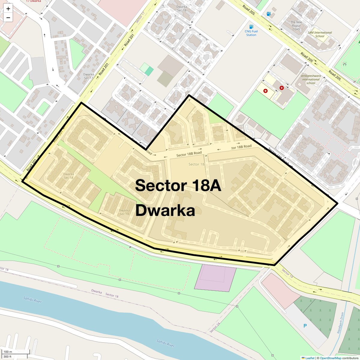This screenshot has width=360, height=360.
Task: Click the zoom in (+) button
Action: click(8, 9)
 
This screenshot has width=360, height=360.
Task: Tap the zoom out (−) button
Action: click(8, 18)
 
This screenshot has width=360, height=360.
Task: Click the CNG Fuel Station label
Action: click(251, 33)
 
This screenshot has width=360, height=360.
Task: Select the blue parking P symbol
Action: click(305, 326)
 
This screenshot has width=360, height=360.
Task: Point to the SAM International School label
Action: click(320, 34)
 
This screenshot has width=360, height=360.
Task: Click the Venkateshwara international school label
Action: click(311, 79)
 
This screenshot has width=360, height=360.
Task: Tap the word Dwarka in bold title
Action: click(165, 211)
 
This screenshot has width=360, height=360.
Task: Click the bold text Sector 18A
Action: click(178, 185)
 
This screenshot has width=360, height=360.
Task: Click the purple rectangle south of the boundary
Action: click(215, 278)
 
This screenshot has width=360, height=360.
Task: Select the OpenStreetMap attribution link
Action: click(330, 358)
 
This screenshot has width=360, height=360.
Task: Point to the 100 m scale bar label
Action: click(8, 352)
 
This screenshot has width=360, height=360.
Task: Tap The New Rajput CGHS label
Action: click(296, 26)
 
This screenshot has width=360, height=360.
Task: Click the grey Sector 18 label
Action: click(196, 164)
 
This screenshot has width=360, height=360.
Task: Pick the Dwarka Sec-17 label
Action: click(88, 76)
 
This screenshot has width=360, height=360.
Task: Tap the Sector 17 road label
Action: click(140, 17)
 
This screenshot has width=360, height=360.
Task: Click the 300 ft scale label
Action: click(7, 357)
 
